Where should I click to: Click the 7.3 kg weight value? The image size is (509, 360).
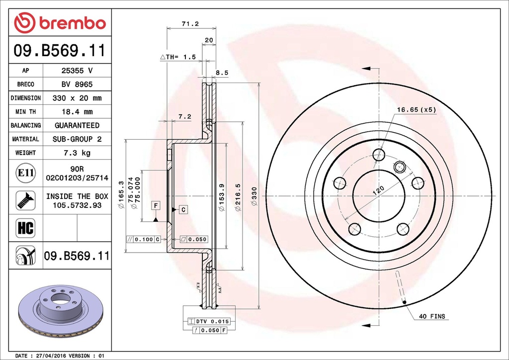coord(77,153)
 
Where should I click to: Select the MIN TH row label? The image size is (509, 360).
coord(26,112)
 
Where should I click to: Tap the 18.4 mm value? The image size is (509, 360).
coord(77,112)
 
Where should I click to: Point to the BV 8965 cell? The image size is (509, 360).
coord(77,85)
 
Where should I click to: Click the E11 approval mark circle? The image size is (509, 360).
coord(26,173)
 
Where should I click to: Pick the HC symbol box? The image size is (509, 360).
coord(26,228)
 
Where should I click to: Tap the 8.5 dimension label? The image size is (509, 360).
coord(222,73)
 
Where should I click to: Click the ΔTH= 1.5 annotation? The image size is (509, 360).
coord(178,57)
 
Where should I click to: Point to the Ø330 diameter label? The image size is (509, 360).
coord(254,196)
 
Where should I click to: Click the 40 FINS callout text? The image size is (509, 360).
coord(432,316)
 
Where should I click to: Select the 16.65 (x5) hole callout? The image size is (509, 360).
coord(417,110)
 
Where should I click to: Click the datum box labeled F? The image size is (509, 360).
coord(156,205)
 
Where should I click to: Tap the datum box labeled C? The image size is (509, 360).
coord(183,210)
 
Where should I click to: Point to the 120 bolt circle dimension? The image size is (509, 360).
coord(378,190)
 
